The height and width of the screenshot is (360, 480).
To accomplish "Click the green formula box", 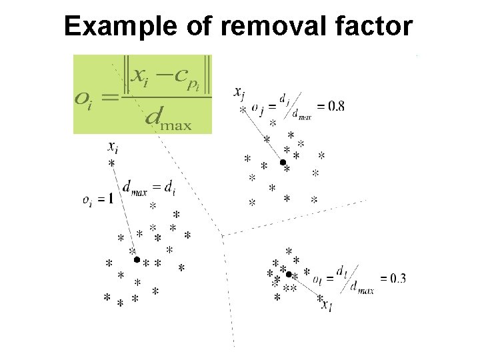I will pos(142,93).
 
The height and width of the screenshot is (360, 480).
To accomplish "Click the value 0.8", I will pos(331,105).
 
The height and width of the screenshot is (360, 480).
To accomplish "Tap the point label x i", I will pos(113,147).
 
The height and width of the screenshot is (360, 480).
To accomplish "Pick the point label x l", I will pos(326,306).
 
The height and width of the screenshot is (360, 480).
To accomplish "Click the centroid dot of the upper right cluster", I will pos(283,162).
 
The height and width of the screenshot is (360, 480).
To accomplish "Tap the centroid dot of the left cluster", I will pos(137,259).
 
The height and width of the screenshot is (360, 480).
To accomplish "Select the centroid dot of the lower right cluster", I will pos(289,274).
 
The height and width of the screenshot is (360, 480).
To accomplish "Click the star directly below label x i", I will pos(111,163).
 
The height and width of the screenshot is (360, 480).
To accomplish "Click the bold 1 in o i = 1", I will pos(110,198).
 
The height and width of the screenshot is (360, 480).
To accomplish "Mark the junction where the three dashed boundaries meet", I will pos(222,234).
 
